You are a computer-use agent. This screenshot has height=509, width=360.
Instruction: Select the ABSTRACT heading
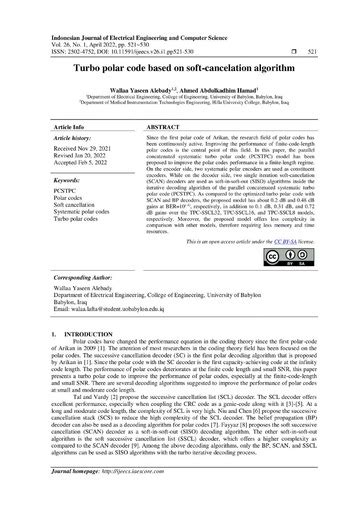(164, 128)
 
